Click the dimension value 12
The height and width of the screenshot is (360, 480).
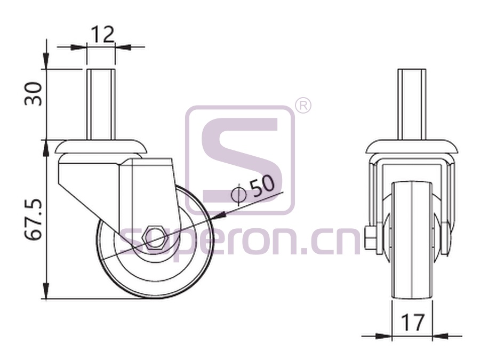pos(102,35)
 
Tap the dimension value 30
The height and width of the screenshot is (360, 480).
pos(33,94)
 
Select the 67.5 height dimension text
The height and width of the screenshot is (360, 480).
pos(33,219)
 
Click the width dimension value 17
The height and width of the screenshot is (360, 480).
pos(412,322)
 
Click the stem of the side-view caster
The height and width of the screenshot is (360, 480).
pos(101,105)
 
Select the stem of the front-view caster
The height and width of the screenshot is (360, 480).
pos(412,105)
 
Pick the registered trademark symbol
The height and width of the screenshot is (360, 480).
pos(303,106)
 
